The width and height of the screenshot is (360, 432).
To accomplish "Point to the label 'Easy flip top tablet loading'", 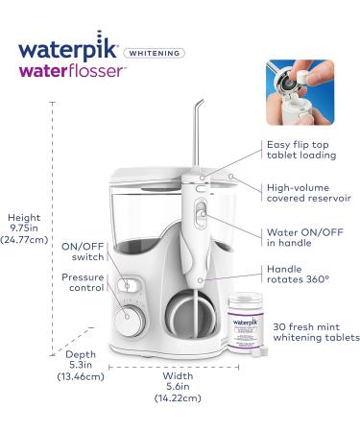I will point(305,156).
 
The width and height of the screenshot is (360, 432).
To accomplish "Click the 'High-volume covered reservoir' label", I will point(309,191).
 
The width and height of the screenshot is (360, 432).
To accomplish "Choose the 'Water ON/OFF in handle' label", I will point(303,237).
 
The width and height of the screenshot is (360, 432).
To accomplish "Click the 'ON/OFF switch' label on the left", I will point(83,252).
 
